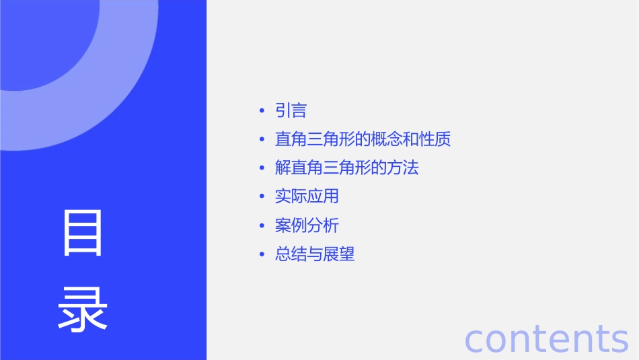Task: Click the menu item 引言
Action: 291,111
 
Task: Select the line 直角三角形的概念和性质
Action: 363,139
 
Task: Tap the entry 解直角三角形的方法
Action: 346,168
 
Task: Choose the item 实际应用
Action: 307,196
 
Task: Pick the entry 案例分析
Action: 307,225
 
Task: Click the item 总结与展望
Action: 314,254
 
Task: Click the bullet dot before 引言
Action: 262,111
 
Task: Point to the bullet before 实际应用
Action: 262,196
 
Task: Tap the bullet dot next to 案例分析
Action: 262,225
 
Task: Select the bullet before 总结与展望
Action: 262,254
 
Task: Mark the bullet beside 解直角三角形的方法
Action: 262,168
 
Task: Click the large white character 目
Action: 83,233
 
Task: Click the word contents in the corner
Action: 546,338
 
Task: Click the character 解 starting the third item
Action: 283,168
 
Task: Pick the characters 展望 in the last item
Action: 338,254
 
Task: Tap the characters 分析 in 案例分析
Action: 323,225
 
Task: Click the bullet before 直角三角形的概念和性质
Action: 262,139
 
